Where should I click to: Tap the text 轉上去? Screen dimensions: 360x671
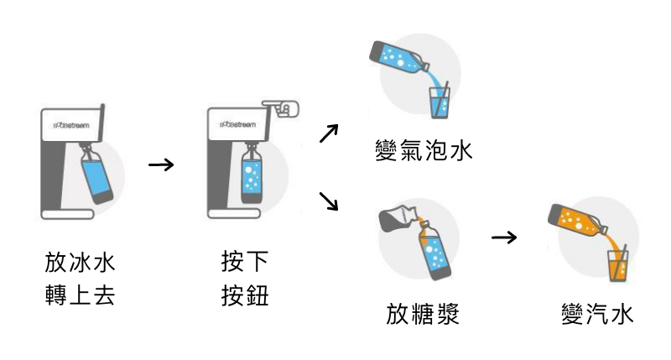click(x=80, y=295)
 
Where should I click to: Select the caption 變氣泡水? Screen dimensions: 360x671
click(x=424, y=151)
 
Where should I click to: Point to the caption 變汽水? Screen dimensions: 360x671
click(x=597, y=314)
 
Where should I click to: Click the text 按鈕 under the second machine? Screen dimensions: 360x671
click(x=245, y=295)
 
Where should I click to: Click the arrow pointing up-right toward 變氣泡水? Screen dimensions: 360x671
click(x=330, y=133)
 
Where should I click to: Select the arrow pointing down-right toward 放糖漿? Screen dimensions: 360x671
click(x=330, y=201)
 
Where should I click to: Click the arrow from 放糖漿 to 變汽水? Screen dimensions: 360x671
click(x=503, y=237)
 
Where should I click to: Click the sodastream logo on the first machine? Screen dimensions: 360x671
click(x=70, y=124)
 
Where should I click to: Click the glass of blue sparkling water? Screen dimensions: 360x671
click(x=440, y=101)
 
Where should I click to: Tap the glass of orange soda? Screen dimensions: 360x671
click(x=618, y=264)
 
